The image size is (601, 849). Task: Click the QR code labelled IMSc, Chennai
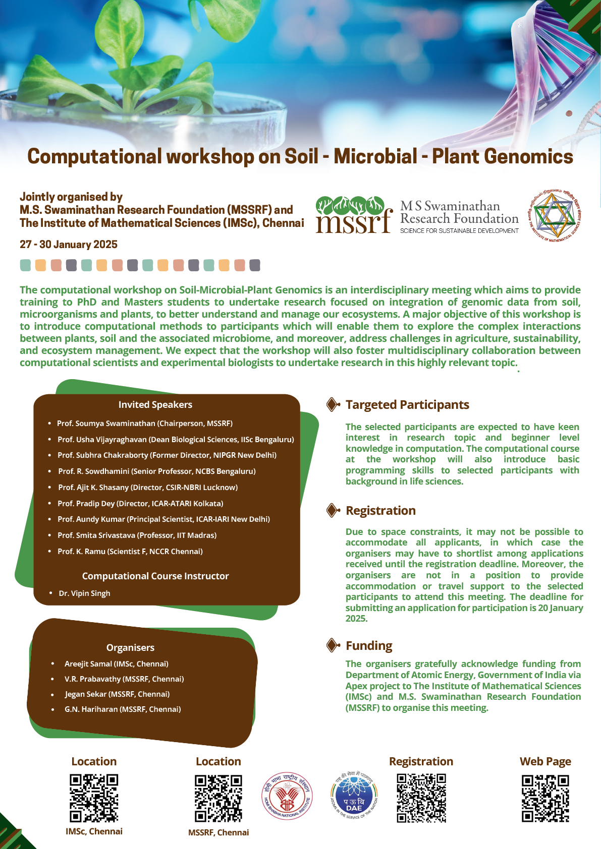[94, 798]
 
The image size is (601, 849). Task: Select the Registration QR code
[421, 798]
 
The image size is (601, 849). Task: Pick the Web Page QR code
[545, 798]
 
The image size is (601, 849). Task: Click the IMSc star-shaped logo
[554, 216]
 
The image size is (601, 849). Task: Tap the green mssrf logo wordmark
[353, 215]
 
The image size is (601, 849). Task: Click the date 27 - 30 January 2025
[69, 245]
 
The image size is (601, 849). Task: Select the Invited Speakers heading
[155, 405]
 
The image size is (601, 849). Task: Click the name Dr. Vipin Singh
[84, 593]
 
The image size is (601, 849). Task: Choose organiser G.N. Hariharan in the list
[123, 709]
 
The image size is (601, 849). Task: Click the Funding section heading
[369, 646]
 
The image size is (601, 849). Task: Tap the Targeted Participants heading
[407, 405]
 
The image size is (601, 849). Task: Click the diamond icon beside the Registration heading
[333, 511]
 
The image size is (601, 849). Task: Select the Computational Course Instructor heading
[155, 576]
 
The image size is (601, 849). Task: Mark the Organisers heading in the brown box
[130, 648]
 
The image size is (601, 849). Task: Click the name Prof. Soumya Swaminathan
[106, 423]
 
